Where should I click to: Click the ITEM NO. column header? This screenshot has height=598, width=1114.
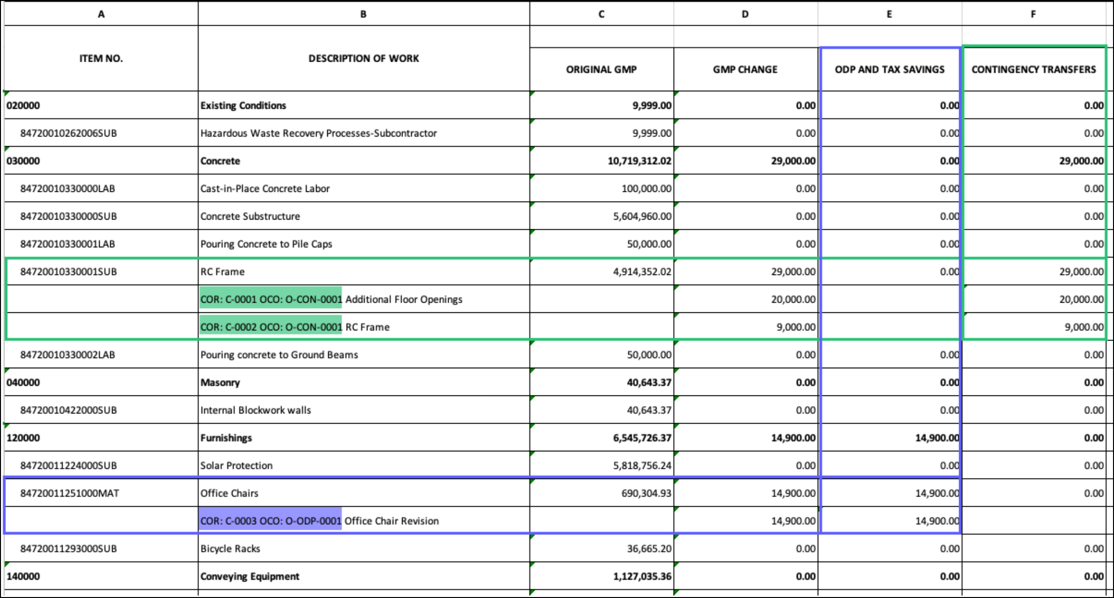pyautogui.click(x=101, y=58)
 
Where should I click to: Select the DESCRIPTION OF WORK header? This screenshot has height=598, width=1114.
pyautogui.click(x=363, y=58)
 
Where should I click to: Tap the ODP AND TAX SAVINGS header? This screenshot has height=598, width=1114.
pyautogui.click(x=890, y=69)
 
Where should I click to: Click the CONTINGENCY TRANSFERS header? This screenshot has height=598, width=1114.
pyautogui.click(x=1033, y=69)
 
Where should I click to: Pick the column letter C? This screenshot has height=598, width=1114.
pyautogui.click(x=601, y=14)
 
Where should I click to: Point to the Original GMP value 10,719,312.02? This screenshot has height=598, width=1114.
pyautogui.click(x=639, y=161)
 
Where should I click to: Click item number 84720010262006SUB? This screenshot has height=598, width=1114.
pyautogui.click(x=68, y=133)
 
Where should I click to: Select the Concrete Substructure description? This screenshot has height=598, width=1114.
pyautogui.click(x=250, y=216)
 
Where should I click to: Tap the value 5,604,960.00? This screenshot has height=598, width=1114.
pyautogui.click(x=642, y=216)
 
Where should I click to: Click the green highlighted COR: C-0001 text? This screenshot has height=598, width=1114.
pyautogui.click(x=271, y=299)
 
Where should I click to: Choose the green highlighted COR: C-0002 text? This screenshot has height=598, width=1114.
pyautogui.click(x=271, y=327)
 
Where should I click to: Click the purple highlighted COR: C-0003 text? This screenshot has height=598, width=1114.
pyautogui.click(x=271, y=521)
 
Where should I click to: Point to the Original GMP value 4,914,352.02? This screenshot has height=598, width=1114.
pyautogui.click(x=642, y=272)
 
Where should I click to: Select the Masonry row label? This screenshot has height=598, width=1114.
pyautogui.click(x=220, y=382)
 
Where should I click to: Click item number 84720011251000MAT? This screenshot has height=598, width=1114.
pyautogui.click(x=69, y=493)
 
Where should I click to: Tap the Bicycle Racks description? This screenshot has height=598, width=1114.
pyautogui.click(x=230, y=548)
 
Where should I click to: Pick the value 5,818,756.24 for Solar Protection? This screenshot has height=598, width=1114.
pyautogui.click(x=642, y=465)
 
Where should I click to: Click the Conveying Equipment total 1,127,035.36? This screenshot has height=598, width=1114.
pyautogui.click(x=642, y=576)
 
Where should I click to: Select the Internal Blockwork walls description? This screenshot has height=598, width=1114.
pyautogui.click(x=255, y=410)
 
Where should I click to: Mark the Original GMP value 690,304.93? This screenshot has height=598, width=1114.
pyautogui.click(x=646, y=493)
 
